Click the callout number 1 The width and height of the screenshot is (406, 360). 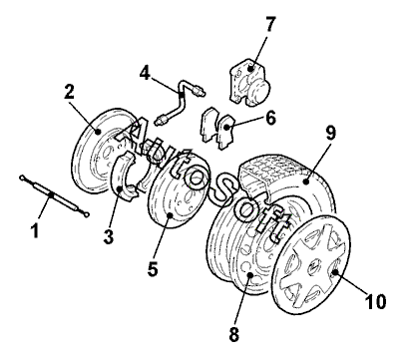35,230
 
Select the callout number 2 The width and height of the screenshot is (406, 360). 69,92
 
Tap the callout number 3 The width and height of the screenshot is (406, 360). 109,237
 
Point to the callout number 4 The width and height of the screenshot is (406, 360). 145,73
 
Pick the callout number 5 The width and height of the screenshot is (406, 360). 153,268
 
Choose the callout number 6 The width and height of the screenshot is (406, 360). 270,118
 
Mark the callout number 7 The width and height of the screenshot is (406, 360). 269,24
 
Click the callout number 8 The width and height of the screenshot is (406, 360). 234,334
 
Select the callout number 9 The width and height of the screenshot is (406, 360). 330,133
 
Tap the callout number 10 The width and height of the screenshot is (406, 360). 376,301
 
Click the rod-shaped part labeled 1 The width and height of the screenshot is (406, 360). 55,196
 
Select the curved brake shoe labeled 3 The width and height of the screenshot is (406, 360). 126,176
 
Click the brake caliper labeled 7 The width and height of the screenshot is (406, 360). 249,83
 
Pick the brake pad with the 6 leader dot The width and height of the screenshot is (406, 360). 226,132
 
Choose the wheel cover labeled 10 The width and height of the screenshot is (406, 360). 310,264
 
